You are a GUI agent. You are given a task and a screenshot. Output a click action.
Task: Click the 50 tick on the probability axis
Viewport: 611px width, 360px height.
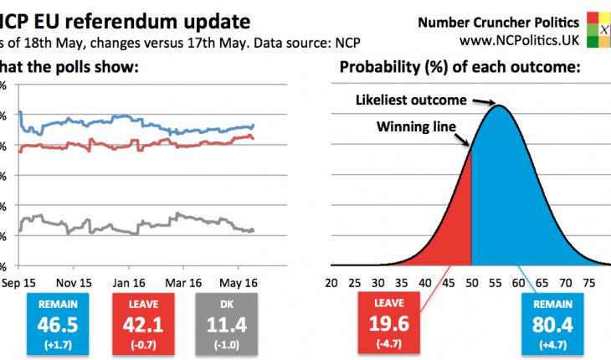pos(473,282)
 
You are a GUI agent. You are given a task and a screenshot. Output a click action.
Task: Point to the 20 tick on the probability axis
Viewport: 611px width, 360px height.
pos(331,282)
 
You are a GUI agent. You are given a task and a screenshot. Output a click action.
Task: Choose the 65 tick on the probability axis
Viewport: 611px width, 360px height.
pos(543,282)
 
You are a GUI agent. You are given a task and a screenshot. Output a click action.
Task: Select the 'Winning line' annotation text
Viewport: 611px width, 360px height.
pos(416,127)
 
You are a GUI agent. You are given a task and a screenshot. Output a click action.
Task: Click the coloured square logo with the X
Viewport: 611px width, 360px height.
pos(598,30)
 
